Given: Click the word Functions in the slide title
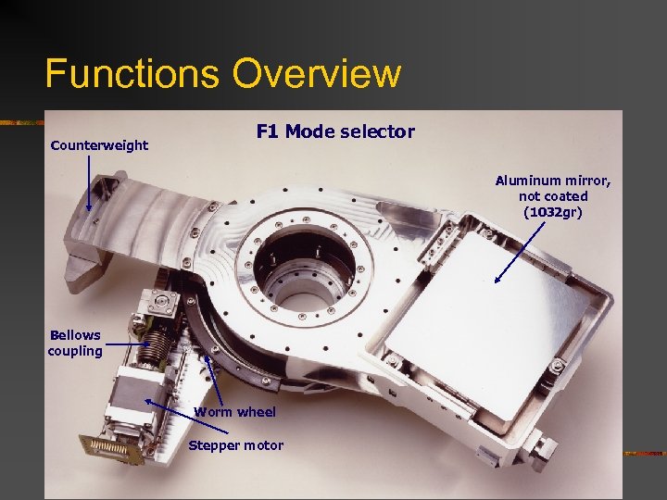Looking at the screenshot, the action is pyautogui.click(x=132, y=73).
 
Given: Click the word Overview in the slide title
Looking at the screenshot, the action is pyautogui.click(x=317, y=73).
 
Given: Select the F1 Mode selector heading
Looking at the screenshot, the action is pyautogui.click(x=335, y=131).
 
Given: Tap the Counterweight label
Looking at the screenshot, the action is pyautogui.click(x=99, y=145).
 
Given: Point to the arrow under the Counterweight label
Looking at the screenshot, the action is pyautogui.click(x=89, y=182).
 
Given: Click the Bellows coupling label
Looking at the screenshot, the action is pyautogui.click(x=75, y=344).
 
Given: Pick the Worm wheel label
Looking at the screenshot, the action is pyautogui.click(x=234, y=411).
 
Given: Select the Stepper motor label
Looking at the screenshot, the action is pyautogui.click(x=235, y=445).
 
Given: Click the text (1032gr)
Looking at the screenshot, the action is pyautogui.click(x=552, y=212).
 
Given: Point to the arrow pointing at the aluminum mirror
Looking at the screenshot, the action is pyautogui.click(x=520, y=252).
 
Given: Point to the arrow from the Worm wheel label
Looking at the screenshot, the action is pyautogui.click(x=214, y=381).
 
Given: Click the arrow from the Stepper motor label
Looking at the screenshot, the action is pyautogui.click(x=186, y=417).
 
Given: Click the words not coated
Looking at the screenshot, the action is pyautogui.click(x=553, y=196).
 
